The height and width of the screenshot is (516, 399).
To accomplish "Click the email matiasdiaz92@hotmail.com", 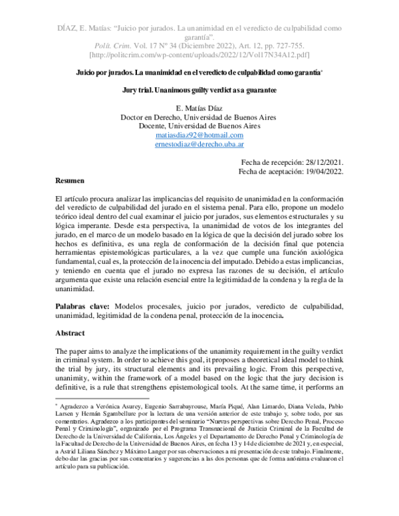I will click(x=199, y=136).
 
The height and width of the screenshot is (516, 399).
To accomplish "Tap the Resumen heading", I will click(x=69, y=181).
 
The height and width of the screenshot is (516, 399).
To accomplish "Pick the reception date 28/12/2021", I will click(x=319, y=162).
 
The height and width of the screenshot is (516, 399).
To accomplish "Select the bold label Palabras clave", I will click(x=83, y=307).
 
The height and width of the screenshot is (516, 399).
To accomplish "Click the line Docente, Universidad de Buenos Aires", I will click(x=199, y=126).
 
